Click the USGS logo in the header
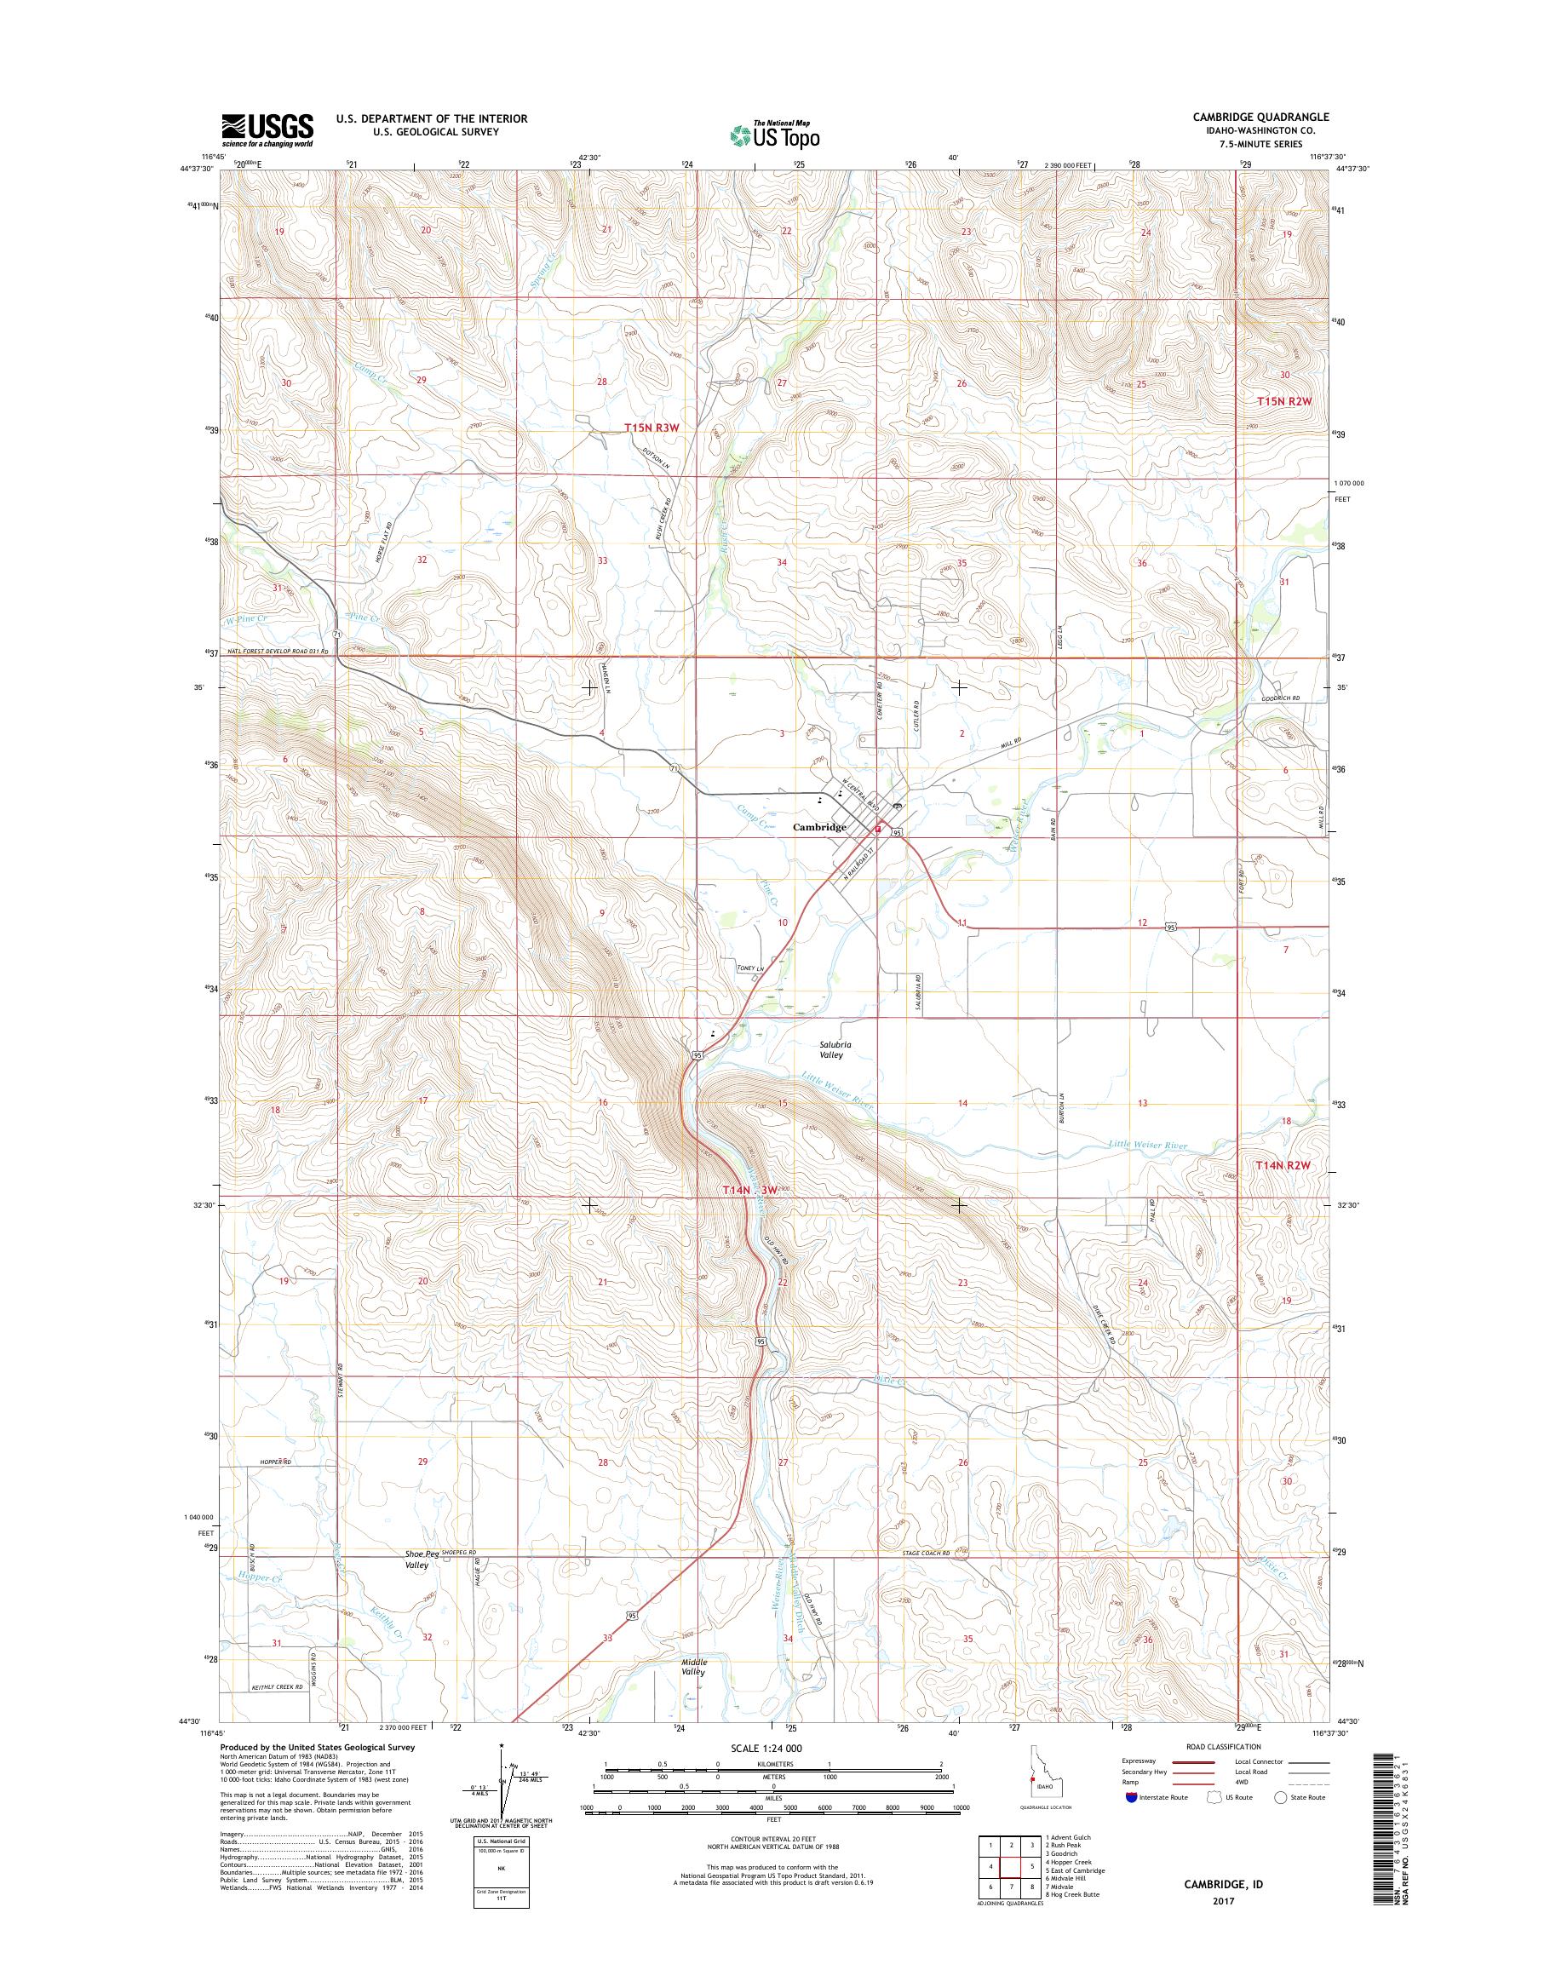pos(267,129)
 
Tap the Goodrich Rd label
pos(1281,698)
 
